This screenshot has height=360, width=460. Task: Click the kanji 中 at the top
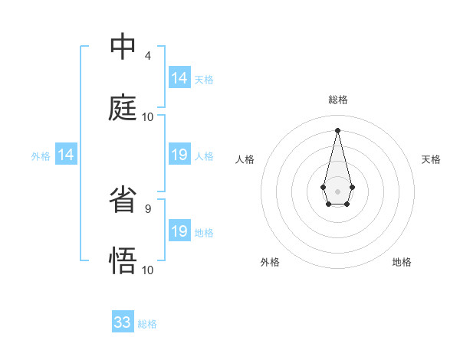pyautogui.click(x=123, y=47)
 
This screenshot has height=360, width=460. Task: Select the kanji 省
pyautogui.click(x=123, y=200)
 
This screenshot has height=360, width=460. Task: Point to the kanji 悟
pyautogui.click(x=123, y=261)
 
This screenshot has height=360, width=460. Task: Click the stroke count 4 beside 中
pyautogui.click(x=148, y=55)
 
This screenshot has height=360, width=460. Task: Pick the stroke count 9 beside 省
pyautogui.click(x=148, y=208)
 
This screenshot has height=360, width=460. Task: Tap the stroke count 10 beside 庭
pyautogui.click(x=148, y=116)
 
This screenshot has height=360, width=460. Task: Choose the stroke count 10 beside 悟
pyautogui.click(x=148, y=270)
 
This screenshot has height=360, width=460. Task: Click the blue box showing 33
pyautogui.click(x=123, y=322)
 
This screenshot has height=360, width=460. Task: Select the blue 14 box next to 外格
pyautogui.click(x=66, y=155)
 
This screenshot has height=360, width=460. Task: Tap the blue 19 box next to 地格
pyautogui.click(x=179, y=231)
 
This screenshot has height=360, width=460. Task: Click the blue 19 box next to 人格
pyautogui.click(x=179, y=155)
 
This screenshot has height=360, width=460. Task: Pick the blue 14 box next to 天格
pyautogui.click(x=179, y=78)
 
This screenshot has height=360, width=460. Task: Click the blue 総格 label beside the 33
pyautogui.click(x=147, y=324)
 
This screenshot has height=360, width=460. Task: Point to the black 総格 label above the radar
pyautogui.click(x=337, y=100)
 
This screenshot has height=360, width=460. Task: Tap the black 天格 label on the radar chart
pyautogui.click(x=431, y=159)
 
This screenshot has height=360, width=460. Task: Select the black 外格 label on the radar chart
pyautogui.click(x=270, y=262)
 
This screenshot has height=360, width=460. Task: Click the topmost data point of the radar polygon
pyautogui.click(x=337, y=129)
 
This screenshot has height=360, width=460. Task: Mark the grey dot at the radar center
pyautogui.click(x=337, y=190)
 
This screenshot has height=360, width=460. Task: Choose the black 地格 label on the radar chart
pyautogui.click(x=402, y=262)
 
